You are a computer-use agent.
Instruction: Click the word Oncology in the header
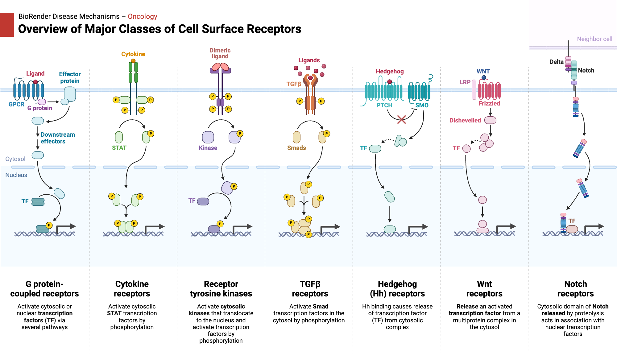point(142,16)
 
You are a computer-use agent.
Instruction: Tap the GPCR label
point(16,104)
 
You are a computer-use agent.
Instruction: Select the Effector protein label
point(70,77)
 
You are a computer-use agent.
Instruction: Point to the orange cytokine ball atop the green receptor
point(133,61)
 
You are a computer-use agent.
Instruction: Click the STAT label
point(119,148)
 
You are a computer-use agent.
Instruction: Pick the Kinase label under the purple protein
point(208,148)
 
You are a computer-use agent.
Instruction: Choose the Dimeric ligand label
point(220,53)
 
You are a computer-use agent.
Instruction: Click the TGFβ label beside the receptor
point(293,84)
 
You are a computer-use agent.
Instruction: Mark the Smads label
point(296,148)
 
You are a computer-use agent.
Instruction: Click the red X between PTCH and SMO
point(401,119)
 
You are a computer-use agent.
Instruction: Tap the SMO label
point(422,105)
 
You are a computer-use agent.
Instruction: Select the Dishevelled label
point(465,120)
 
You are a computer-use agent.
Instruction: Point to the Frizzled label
point(489,103)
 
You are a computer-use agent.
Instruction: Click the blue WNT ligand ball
point(484,78)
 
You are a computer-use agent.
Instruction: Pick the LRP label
point(465,82)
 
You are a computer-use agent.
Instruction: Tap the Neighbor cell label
point(594,39)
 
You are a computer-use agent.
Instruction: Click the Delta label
point(557,62)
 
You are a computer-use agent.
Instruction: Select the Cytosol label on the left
point(15,159)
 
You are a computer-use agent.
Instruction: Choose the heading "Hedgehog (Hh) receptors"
point(397,289)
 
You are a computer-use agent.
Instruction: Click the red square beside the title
point(7,25)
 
